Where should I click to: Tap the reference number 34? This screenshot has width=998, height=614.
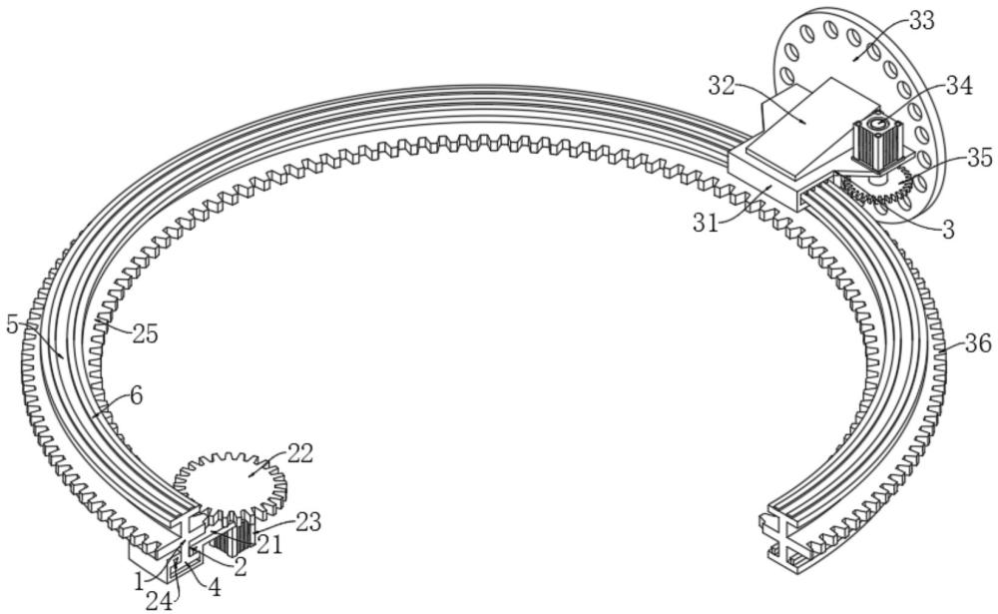tap(959, 86)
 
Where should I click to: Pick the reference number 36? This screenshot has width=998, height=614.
tap(977, 344)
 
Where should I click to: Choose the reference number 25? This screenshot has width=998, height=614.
tap(145, 335)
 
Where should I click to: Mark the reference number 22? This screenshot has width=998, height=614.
tap(300, 453)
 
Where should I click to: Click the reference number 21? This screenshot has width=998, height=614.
tap(269, 544)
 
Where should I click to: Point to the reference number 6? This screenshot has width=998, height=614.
tap(135, 395)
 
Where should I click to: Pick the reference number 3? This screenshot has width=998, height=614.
tap(947, 229)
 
